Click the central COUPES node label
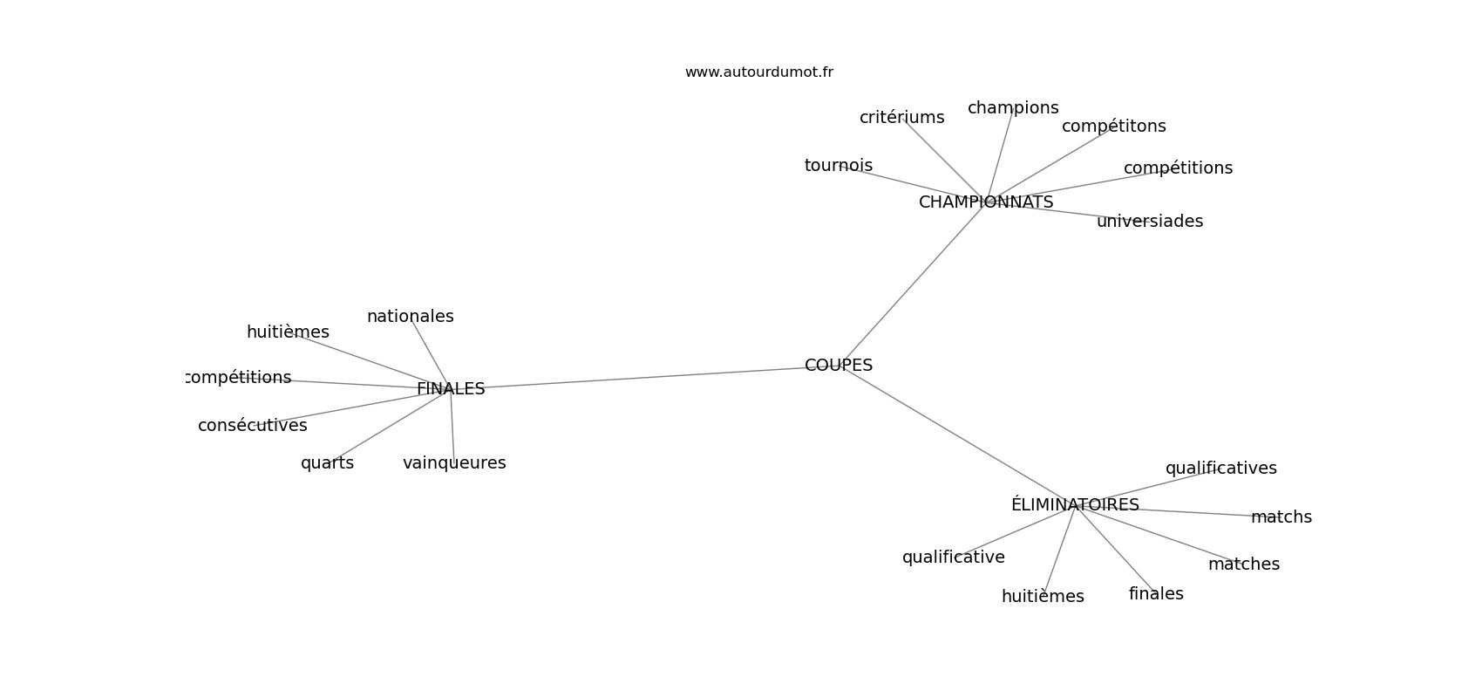839,365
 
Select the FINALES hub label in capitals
451,389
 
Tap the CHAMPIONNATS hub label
986,202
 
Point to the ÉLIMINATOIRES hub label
1075,504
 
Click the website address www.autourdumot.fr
758,72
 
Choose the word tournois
839,165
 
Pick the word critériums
901,117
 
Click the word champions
1013,108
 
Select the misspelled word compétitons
1113,126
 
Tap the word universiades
1150,222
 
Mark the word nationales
411,317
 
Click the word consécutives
253,425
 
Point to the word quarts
328,463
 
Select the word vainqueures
454,463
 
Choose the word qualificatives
1221,469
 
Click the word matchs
1281,517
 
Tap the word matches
1244,565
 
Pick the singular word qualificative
954,558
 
